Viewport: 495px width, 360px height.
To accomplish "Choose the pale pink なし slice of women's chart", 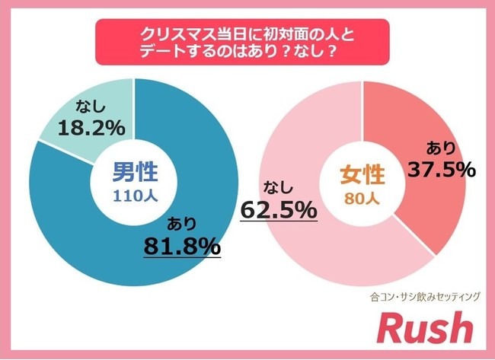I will (320, 251).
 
